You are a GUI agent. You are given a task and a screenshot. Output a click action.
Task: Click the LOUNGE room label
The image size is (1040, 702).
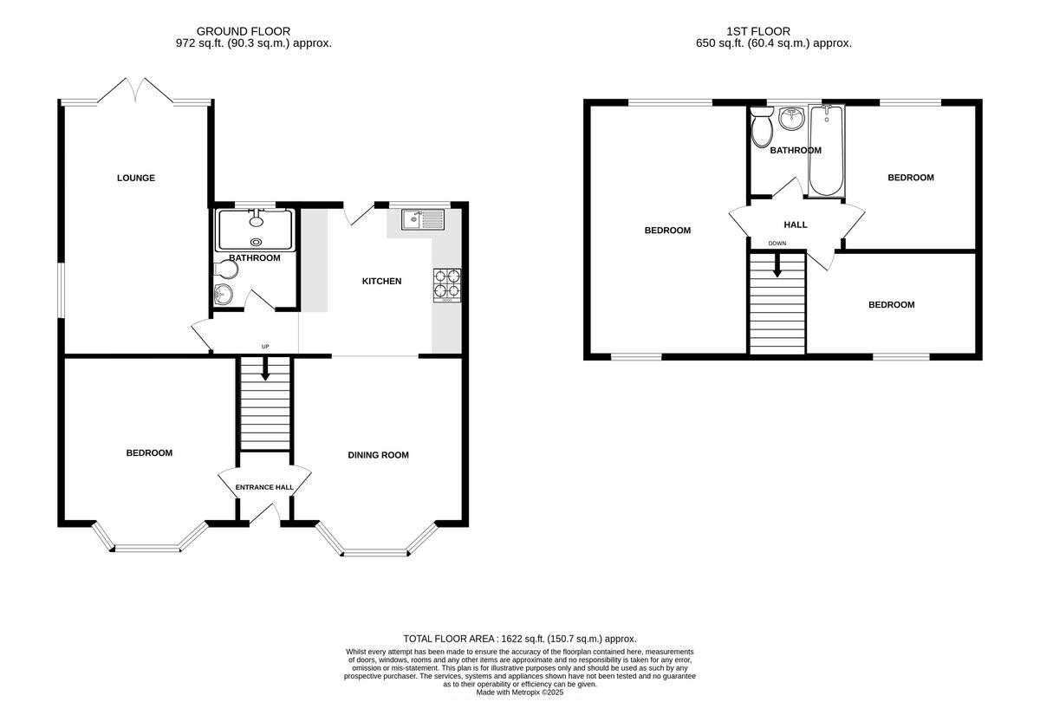(136, 179)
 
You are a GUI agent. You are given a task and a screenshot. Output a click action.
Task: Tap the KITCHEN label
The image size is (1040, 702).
(381, 282)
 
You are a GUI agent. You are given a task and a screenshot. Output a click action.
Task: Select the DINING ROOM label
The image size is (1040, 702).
(378, 455)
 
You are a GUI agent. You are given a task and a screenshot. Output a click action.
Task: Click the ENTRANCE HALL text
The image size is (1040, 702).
(264, 488)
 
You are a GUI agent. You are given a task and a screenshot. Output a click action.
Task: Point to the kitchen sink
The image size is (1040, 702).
(422, 220)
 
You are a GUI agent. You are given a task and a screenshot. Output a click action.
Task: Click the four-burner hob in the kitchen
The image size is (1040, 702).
(447, 285)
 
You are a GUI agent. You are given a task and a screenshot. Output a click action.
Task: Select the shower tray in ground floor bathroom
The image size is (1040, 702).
(256, 230)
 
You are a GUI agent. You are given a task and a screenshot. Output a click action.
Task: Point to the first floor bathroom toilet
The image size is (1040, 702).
(763, 130)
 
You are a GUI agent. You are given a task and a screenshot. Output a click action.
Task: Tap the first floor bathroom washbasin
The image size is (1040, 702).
(790, 119)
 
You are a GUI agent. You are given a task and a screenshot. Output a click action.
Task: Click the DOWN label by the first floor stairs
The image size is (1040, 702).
(777, 244)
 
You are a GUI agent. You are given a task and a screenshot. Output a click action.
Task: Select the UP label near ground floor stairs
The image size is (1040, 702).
(265, 347)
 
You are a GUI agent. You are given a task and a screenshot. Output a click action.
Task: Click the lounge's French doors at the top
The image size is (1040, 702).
(135, 91)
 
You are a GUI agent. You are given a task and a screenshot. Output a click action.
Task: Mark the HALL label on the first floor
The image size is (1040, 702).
(795, 225)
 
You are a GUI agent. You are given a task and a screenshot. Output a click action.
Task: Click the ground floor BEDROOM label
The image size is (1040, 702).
(149, 453)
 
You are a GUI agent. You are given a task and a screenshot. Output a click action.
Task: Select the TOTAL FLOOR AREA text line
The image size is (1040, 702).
(520, 639)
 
